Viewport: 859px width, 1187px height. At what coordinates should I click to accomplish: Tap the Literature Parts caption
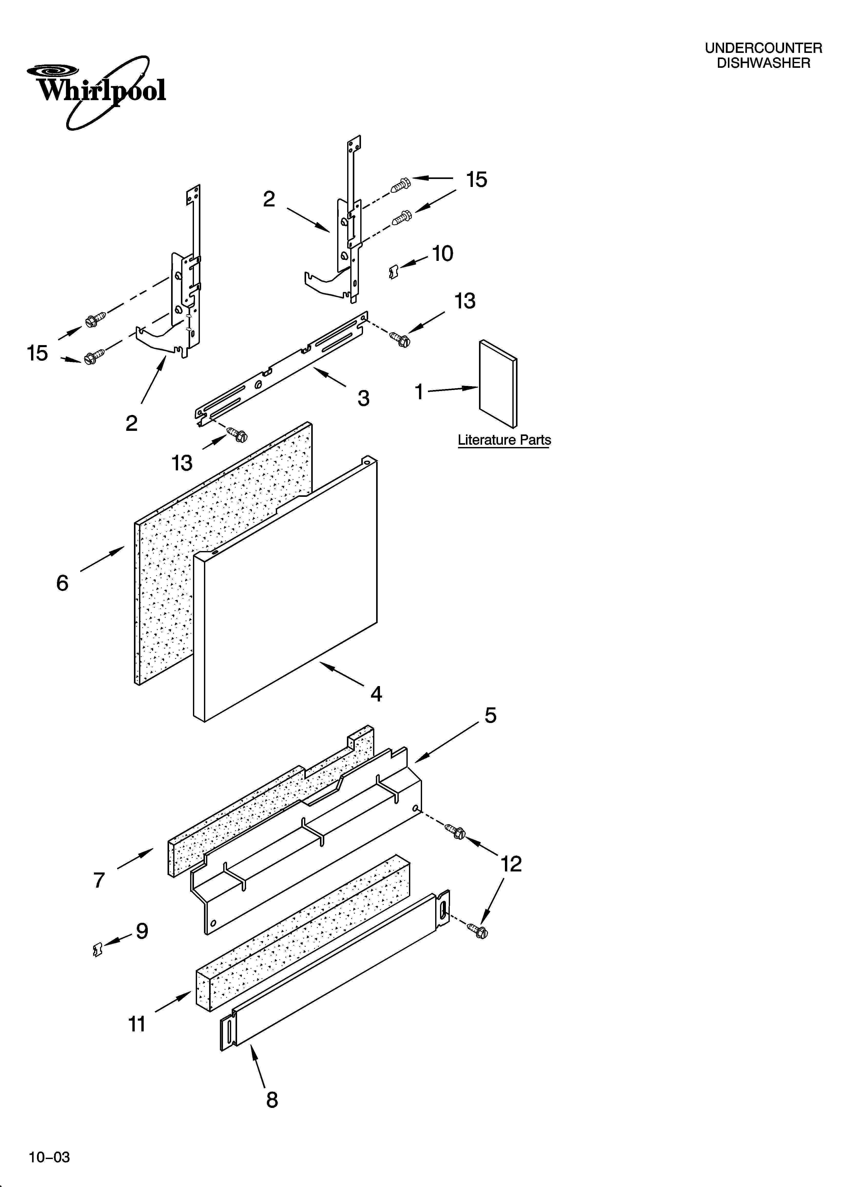coord(504,440)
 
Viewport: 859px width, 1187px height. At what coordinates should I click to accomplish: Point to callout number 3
coord(364,398)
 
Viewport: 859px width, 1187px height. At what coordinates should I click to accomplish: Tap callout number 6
coord(62,583)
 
